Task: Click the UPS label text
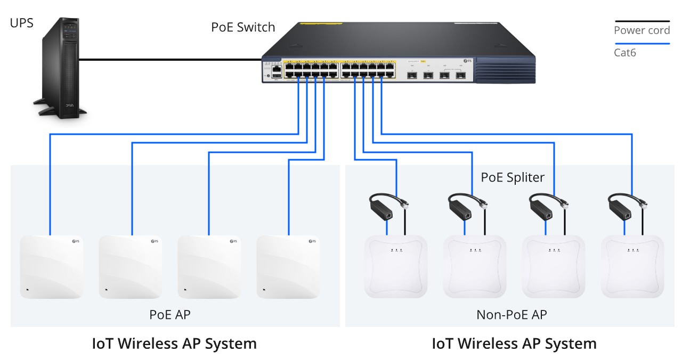[21, 23]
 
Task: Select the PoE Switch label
[243, 27]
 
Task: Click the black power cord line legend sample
[642, 21]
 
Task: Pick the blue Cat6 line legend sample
[642, 44]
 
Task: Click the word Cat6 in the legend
[625, 53]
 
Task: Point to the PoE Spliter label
[513, 177]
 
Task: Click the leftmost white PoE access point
[51, 266]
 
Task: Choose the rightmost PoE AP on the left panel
[288, 266]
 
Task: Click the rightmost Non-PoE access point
[632, 266]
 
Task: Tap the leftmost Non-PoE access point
[395, 266]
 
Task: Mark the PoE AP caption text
[169, 315]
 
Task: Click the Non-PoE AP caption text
[511, 315]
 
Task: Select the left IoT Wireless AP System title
[174, 343]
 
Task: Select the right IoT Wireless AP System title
[514, 343]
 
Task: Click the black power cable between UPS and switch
[170, 59]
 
